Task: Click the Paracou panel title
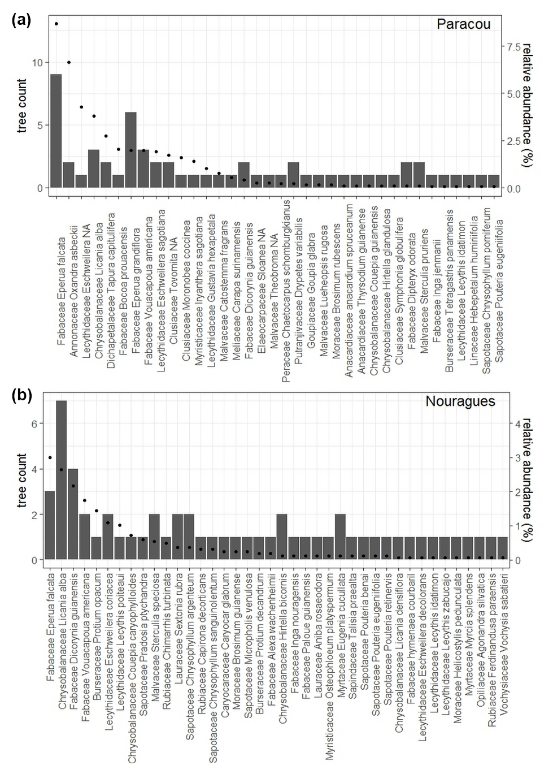pyautogui.click(x=463, y=24)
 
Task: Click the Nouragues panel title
pyautogui.click(x=460, y=401)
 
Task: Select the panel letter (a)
pyautogui.click(x=21, y=20)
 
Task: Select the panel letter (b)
pyautogui.click(x=21, y=395)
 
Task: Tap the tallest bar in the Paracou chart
pyautogui.click(x=56, y=131)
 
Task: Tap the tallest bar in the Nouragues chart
pyautogui.click(x=62, y=480)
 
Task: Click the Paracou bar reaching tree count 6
pyautogui.click(x=130, y=150)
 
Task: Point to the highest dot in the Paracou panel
pyautogui.click(x=56, y=24)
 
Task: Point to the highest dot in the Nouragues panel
pyautogui.click(x=50, y=457)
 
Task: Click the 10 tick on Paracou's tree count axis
pyautogui.click(x=37, y=62)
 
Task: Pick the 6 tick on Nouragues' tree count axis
pyautogui.click(x=33, y=423)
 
